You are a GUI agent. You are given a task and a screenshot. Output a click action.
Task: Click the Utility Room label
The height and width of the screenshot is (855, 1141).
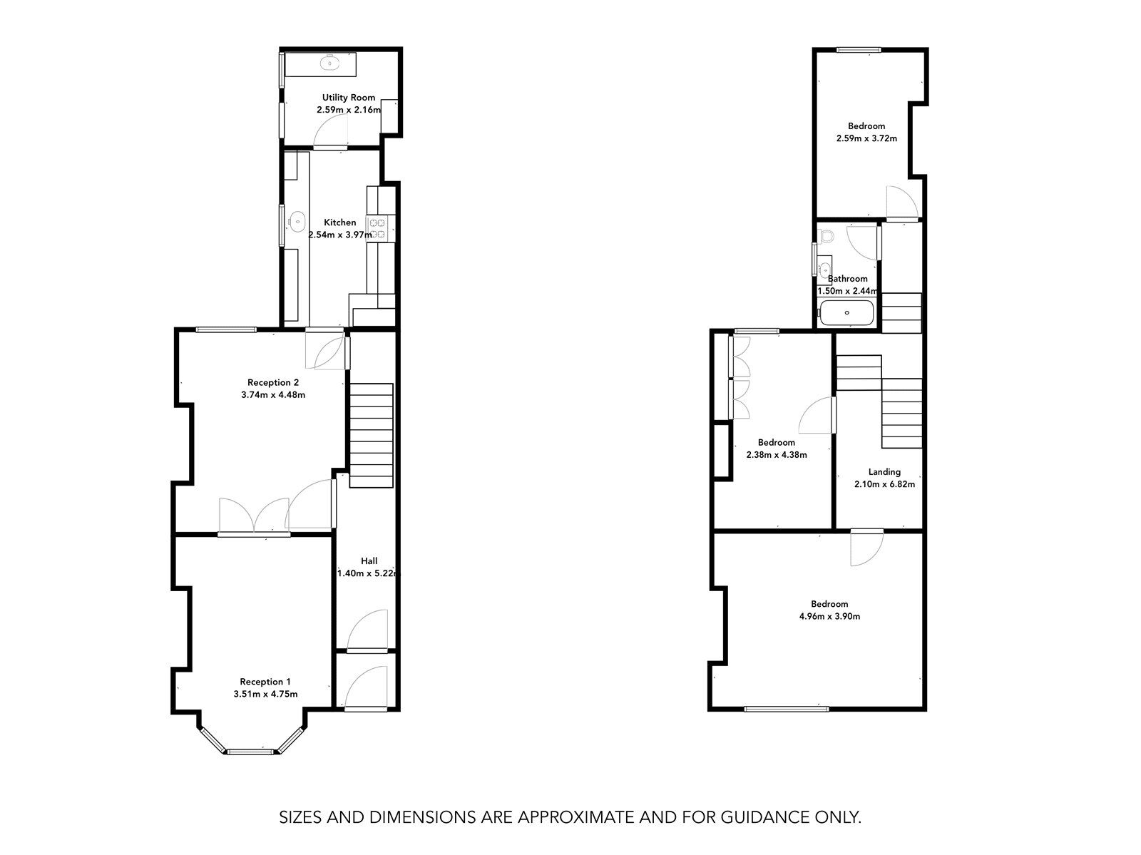click(x=348, y=98)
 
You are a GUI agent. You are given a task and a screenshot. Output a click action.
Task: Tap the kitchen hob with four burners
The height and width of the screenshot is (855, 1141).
click(x=377, y=227)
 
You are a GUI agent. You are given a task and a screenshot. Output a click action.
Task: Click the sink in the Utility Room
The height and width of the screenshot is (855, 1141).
click(x=330, y=63)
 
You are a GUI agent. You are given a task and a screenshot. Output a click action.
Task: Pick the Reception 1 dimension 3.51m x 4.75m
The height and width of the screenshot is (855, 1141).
click(x=265, y=694)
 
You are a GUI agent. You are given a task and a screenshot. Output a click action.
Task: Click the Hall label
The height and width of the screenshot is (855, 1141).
click(x=369, y=561)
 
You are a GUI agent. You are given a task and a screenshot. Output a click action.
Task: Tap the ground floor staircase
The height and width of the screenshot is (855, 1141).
click(x=371, y=435)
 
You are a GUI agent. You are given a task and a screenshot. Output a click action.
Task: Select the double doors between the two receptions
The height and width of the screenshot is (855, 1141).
click(x=254, y=515)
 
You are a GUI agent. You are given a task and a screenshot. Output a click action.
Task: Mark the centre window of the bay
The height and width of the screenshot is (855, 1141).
click(x=250, y=750)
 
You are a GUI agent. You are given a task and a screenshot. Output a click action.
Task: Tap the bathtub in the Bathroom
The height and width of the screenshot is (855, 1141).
click(x=846, y=313)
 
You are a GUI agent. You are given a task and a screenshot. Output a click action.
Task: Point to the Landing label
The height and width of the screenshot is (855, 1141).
click(x=884, y=471)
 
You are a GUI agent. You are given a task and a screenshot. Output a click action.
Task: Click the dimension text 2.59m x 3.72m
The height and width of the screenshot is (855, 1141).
click(x=866, y=138)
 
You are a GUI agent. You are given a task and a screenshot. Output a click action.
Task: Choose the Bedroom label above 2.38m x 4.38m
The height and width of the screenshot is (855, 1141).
click(x=777, y=442)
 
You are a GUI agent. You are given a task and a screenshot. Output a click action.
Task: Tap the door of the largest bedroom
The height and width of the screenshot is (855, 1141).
click(x=866, y=547)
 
